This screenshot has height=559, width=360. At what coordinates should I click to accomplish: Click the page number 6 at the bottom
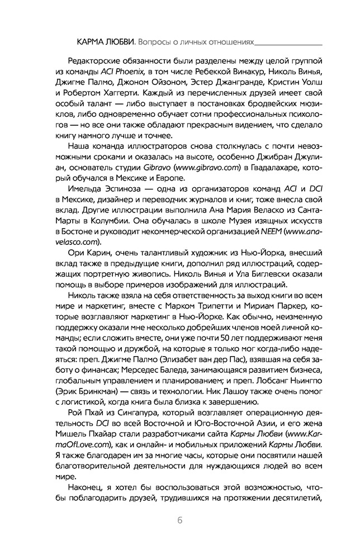(180, 520)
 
